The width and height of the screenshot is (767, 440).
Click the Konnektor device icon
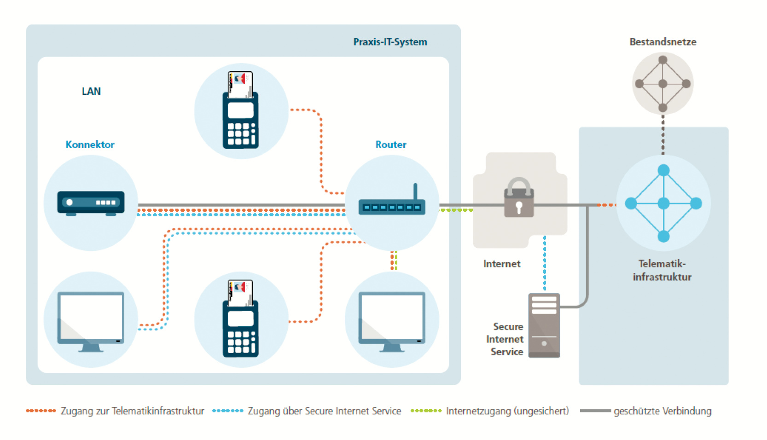(x=91, y=203)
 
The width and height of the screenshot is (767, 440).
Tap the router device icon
(x=392, y=206)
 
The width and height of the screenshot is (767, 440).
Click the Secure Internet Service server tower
(x=544, y=325)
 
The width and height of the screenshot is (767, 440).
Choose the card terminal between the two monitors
(x=240, y=318)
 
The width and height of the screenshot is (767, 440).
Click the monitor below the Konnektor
(x=91, y=321)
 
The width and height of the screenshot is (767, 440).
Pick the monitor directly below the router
(x=392, y=321)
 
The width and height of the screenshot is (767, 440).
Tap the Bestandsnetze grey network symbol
(x=662, y=84)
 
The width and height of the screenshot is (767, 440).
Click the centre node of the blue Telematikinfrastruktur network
(x=663, y=203)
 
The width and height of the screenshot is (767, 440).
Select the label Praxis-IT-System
(x=390, y=42)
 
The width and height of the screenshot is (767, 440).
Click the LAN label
(x=91, y=91)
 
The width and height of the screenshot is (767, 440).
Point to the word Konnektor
(x=90, y=145)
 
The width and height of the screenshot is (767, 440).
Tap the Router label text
(x=391, y=145)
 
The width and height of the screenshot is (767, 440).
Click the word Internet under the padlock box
(x=502, y=264)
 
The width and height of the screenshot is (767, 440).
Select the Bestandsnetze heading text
(x=662, y=42)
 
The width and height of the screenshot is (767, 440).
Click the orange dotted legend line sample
(x=41, y=411)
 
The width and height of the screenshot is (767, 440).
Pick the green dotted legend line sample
(x=426, y=411)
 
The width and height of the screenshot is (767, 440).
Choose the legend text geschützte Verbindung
(x=662, y=411)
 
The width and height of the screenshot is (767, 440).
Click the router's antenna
(x=415, y=191)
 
